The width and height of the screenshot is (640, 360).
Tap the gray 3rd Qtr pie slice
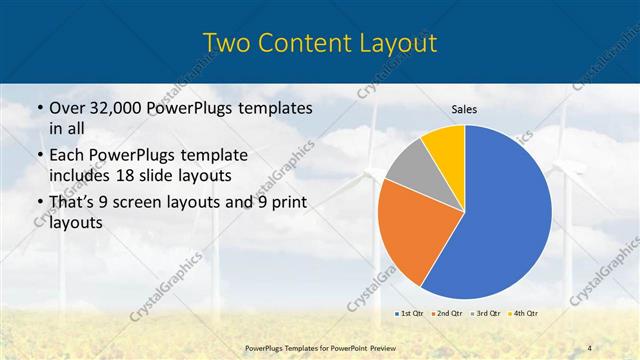coord(408,168)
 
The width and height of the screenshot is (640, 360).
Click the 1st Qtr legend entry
coord(410,313)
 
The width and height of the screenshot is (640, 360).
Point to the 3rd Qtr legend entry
coord(486,313)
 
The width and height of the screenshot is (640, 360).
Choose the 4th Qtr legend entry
coord(524,313)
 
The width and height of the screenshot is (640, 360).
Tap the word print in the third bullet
coord(286,203)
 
